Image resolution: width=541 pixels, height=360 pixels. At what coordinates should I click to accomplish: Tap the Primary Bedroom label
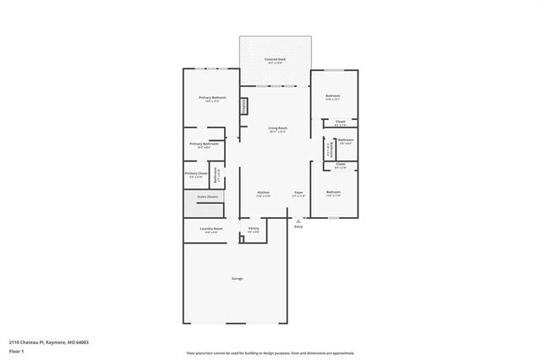tap(212, 98)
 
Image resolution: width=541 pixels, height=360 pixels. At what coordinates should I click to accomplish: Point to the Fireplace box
tap(246, 106)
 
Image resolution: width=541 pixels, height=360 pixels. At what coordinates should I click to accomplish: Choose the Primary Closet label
tap(196, 173)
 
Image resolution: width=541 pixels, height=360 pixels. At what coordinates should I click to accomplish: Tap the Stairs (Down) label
tap(208, 196)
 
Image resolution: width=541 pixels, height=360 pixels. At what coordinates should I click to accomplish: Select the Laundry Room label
tap(211, 228)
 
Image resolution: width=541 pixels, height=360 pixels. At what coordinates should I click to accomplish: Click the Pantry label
tap(254, 228)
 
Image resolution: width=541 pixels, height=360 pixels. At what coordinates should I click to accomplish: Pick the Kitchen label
tap(263, 193)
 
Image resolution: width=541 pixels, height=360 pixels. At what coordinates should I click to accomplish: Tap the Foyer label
tap(298, 193)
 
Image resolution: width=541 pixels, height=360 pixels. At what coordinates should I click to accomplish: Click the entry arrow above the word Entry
tap(298, 221)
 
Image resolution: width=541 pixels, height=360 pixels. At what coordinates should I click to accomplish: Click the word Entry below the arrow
tap(298, 226)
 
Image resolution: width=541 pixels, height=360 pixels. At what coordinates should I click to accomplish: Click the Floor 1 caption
tap(17, 351)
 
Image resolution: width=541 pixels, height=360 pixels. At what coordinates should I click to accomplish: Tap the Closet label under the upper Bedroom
tap(340, 122)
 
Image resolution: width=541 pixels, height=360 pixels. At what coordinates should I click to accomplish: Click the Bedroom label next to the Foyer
tap(333, 193)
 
